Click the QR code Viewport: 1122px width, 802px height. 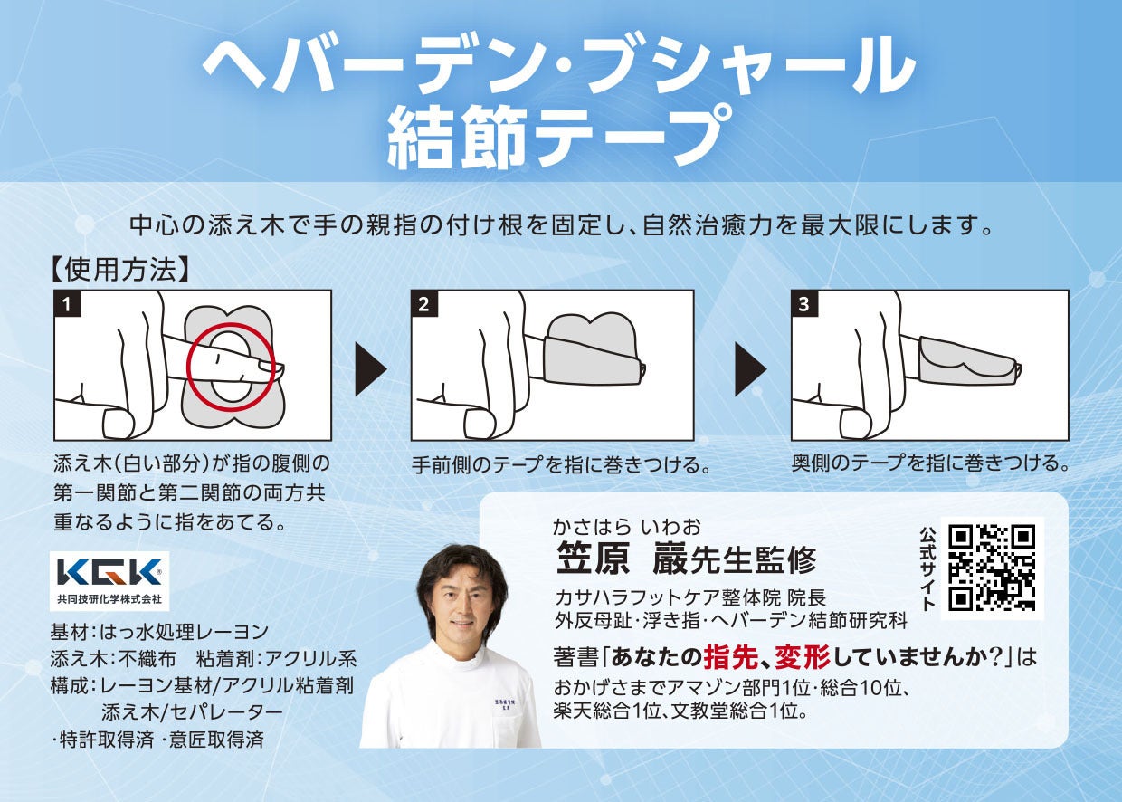tap(992, 568)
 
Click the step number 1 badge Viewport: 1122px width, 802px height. tap(68, 303)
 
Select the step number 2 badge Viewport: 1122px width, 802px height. tap(424, 303)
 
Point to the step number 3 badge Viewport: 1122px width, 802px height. tap(804, 303)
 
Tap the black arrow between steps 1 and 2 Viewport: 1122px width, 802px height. tap(371, 369)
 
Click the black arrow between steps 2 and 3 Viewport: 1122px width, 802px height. tap(751, 369)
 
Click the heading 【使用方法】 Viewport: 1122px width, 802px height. tap(119, 270)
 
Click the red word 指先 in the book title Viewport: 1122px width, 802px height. tap(731, 657)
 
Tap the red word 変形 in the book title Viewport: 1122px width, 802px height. tap(803, 657)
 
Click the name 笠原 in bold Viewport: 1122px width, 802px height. tap(593, 558)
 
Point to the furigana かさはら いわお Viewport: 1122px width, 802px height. tap(627, 527)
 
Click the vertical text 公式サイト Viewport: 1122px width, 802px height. tap(927, 568)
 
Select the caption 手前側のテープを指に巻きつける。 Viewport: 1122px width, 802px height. tap(562, 464)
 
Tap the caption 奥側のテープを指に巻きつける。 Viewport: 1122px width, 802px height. tap(931, 463)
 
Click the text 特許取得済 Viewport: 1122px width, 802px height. tap(106, 739)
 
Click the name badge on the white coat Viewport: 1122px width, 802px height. tap(501, 706)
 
